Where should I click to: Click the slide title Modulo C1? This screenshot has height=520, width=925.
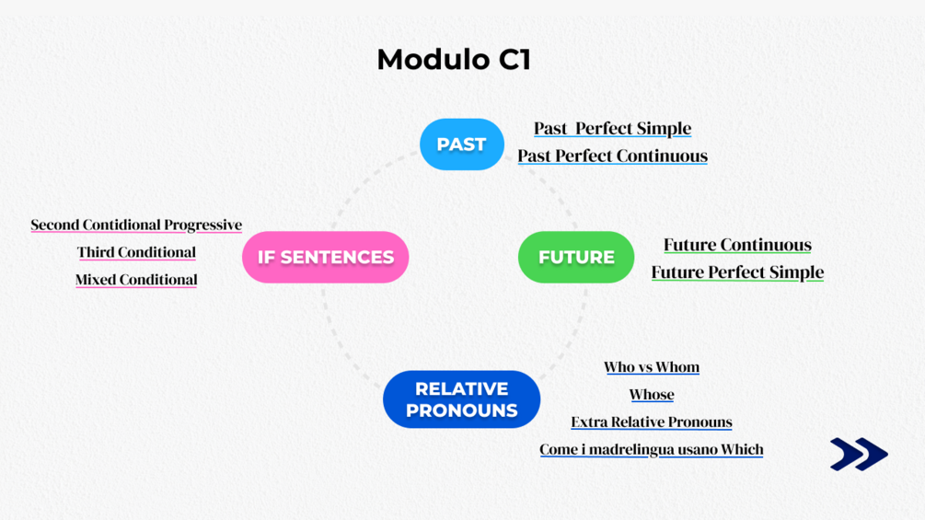[x=454, y=59]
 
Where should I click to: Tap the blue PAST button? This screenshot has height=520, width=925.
[x=461, y=144]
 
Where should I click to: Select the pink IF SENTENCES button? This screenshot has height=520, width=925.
[x=325, y=257]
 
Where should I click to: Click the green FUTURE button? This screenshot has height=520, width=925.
[x=576, y=257]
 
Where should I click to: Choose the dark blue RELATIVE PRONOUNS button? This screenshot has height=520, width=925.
[x=461, y=399]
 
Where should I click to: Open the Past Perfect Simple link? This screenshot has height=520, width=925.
[x=612, y=128]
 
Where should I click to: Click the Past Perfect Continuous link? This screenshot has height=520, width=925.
[x=612, y=156]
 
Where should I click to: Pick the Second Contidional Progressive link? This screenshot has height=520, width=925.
[x=136, y=225]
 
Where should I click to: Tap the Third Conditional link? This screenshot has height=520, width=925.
[x=136, y=252]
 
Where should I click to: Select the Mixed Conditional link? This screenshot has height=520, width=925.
[x=136, y=280]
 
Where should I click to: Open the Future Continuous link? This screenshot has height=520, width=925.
[x=737, y=245]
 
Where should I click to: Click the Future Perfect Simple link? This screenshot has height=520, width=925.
[x=737, y=272]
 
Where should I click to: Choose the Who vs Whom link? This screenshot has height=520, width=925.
[x=652, y=367]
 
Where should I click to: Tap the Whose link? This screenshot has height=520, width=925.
[x=652, y=395]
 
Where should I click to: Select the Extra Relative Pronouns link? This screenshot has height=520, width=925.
[x=652, y=422]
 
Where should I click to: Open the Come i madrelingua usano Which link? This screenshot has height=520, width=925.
[x=652, y=450]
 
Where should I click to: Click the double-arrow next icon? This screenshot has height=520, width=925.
[x=858, y=454]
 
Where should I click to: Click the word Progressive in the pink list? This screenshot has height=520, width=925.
[x=202, y=225]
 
